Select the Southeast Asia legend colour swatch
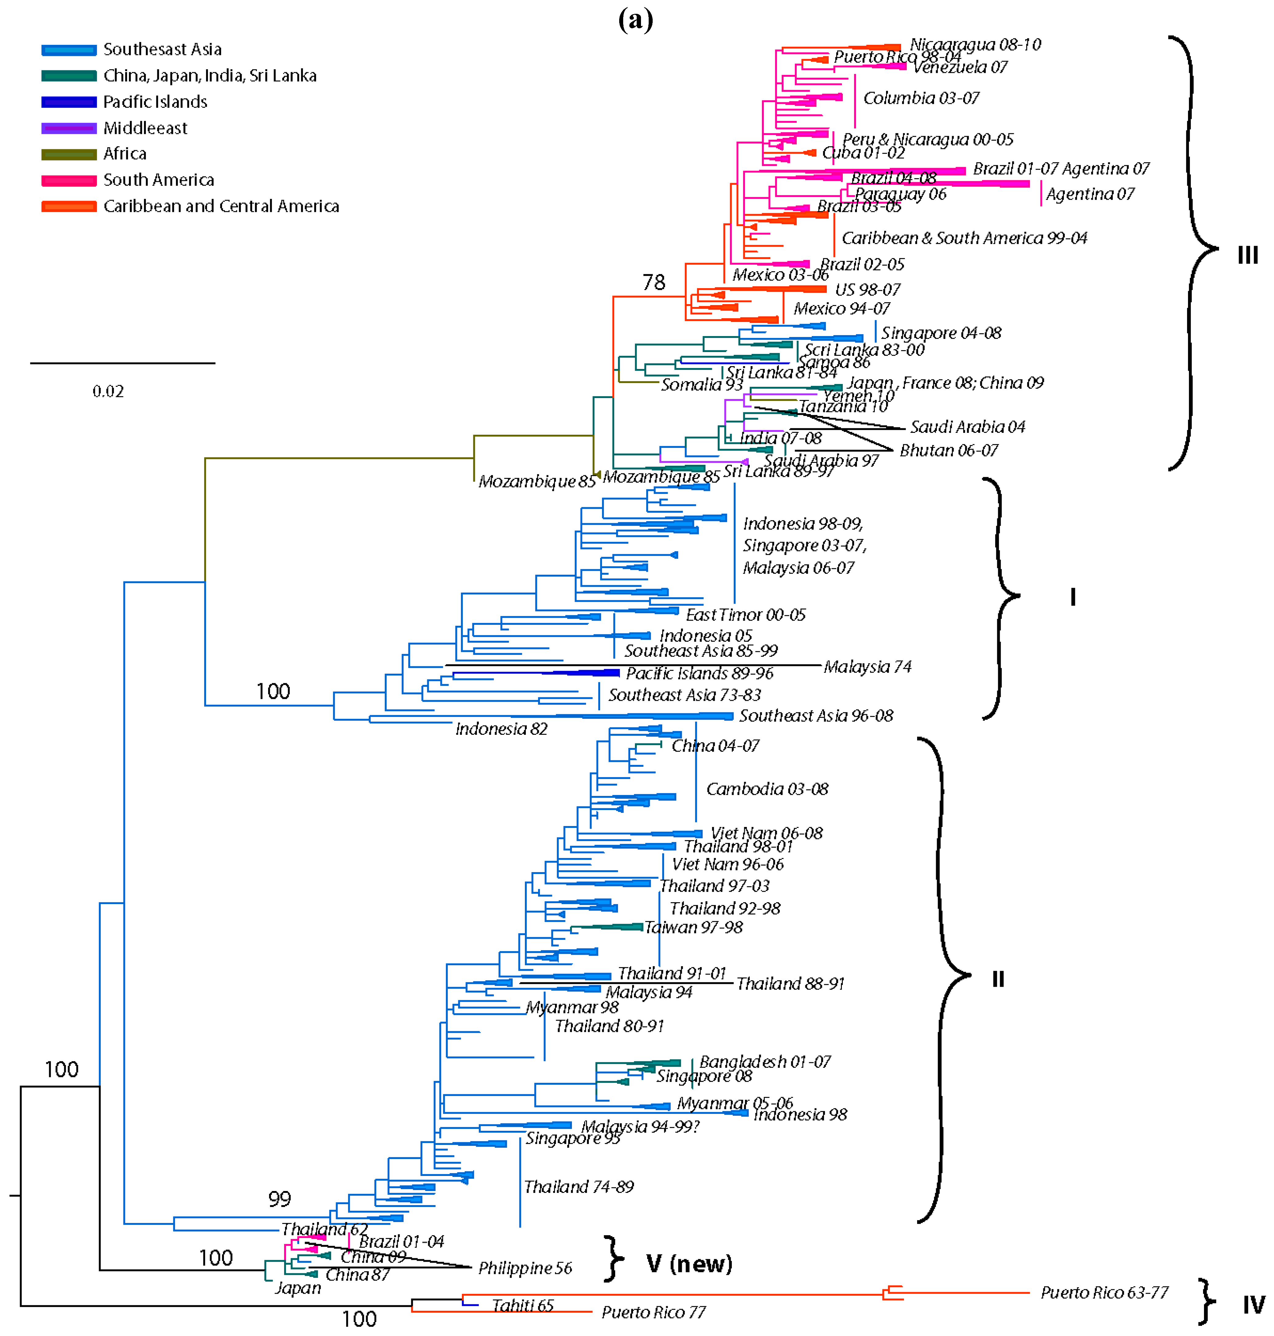click(x=68, y=49)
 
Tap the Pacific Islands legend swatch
click(x=68, y=102)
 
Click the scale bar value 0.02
click(x=108, y=391)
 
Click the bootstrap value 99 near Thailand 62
click(x=279, y=1199)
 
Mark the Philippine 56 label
click(x=525, y=1268)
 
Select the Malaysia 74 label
click(x=867, y=667)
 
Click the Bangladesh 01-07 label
click(x=765, y=1062)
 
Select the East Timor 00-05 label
click(x=745, y=615)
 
